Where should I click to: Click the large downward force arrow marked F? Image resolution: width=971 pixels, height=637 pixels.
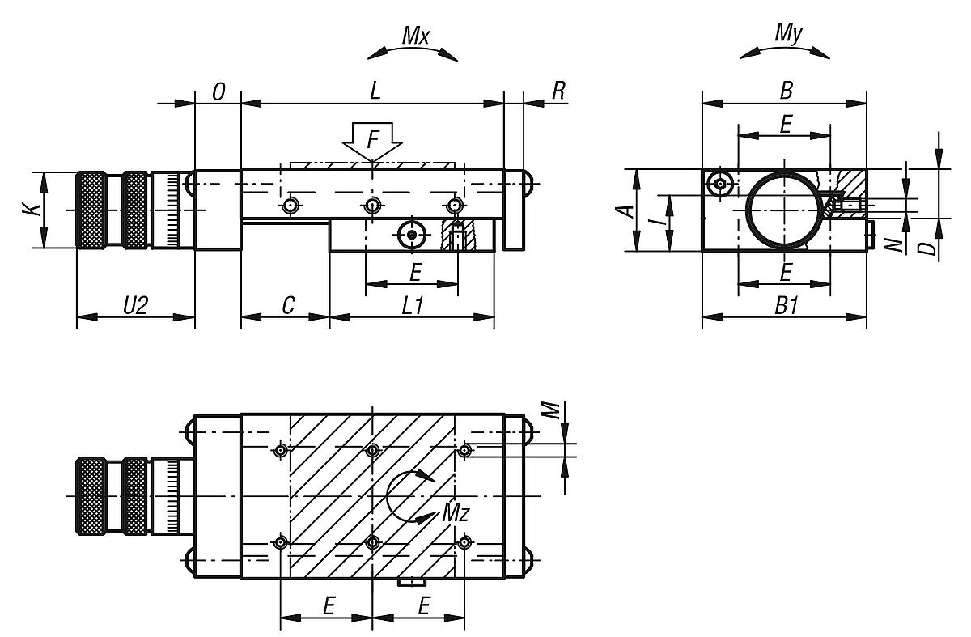(x=371, y=142)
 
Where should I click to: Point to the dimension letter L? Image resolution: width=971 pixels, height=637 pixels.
(x=374, y=91)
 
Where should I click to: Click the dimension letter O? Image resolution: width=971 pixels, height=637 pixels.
(x=218, y=91)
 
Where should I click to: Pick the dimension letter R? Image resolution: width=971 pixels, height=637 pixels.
(x=558, y=91)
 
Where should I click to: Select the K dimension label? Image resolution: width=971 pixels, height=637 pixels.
(x=29, y=210)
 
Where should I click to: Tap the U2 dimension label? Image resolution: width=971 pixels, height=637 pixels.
(x=136, y=305)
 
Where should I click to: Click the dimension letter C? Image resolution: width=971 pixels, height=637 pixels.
(x=287, y=305)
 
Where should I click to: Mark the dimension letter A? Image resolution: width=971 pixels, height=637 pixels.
(x=622, y=210)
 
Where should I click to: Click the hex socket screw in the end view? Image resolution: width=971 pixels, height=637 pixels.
(x=719, y=185)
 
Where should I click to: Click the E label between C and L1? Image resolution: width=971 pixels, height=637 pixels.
(x=415, y=273)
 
